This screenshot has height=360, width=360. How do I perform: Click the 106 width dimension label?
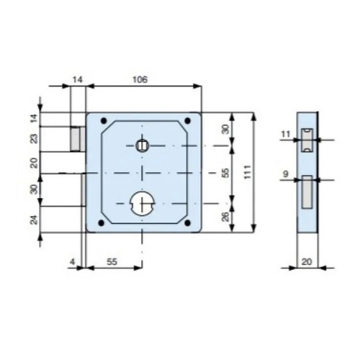point(140,79)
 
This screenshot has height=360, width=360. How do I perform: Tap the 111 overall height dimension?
point(248,172)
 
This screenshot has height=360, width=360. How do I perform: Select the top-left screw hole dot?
point(104,120)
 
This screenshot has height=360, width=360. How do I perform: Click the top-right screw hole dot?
point(188,120)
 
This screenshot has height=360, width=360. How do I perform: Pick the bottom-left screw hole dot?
point(102,223)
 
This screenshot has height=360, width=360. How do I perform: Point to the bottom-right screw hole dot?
point(188,223)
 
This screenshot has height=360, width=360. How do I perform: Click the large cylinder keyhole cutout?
point(143,204)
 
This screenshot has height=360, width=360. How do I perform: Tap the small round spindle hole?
point(143,145)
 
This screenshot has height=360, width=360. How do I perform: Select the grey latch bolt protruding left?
point(78,139)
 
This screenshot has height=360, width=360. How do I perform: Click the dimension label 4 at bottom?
point(72,261)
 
